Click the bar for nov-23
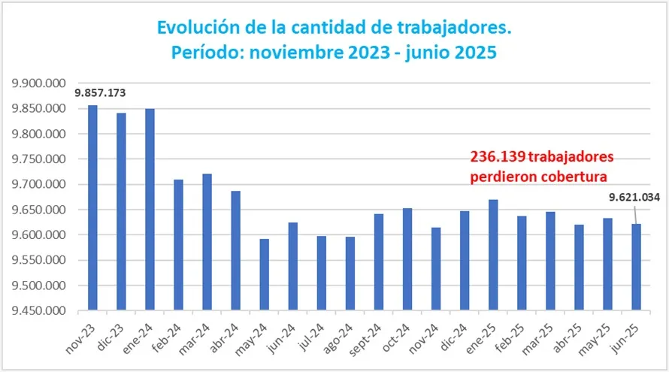[x=92, y=207]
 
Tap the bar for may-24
[x=264, y=274]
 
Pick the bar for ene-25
[x=493, y=255]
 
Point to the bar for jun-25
[x=636, y=267]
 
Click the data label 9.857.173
[x=100, y=93]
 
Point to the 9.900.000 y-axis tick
[x=35, y=83]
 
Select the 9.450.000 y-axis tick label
[x=35, y=311]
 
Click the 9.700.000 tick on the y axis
[x=35, y=185]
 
